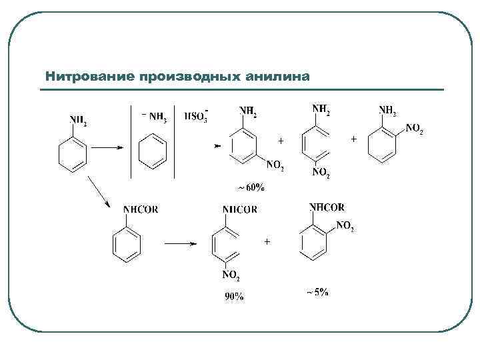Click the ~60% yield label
[251, 188]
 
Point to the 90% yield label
[233, 298]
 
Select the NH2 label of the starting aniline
[78, 120]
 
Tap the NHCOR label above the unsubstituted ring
[141, 209]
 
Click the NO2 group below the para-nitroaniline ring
[321, 173]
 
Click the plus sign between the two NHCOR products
[267, 241]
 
